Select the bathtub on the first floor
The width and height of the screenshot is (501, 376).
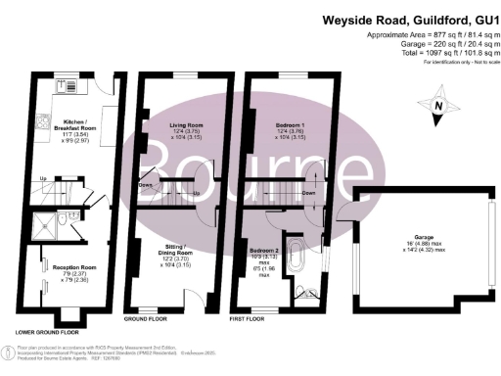(x=295, y=251)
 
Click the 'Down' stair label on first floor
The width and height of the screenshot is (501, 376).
(x=308, y=194)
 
